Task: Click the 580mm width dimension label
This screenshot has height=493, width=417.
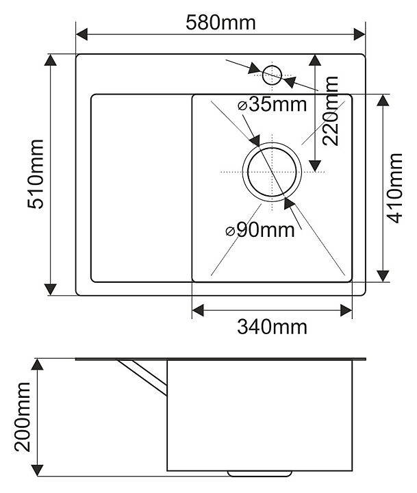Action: coord(220,23)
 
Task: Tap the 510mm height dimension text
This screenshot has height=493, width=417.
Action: coord(36,174)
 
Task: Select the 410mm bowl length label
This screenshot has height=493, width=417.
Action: coord(394,188)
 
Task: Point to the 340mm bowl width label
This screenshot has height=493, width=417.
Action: coord(272,327)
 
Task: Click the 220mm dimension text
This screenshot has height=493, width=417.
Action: coord(331,111)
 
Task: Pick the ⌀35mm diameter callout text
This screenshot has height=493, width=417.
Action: coord(272,104)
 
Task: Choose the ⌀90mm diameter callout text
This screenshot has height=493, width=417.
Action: coord(260,230)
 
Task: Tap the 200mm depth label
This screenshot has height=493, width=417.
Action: coord(23,417)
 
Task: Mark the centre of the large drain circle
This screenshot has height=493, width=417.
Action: coord(272,172)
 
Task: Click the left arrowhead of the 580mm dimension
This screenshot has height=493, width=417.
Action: coord(81,34)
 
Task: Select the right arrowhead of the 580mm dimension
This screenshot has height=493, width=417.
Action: coord(359,34)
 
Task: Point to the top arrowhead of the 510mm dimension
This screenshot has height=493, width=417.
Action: coord(50,60)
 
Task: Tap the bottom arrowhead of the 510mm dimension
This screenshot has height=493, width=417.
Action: coord(50,289)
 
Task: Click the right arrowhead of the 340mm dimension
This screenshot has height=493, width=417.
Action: coord(346,311)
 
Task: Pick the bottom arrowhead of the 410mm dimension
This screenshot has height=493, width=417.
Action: coord(383,276)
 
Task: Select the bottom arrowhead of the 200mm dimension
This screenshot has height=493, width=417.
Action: coord(38,470)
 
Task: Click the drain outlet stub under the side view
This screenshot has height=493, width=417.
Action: coord(260,474)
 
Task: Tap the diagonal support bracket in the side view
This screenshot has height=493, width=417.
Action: coord(143,377)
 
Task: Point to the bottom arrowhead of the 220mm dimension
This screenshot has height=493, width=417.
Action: coord(315,166)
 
